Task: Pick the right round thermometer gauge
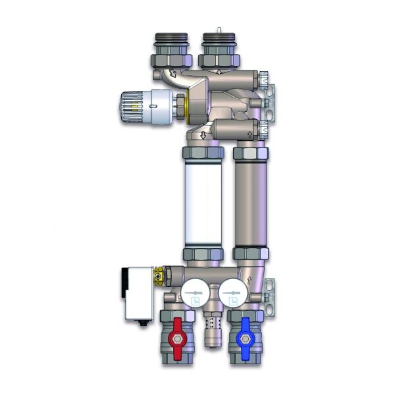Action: (231, 294)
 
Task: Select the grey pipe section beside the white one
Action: (250, 204)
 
